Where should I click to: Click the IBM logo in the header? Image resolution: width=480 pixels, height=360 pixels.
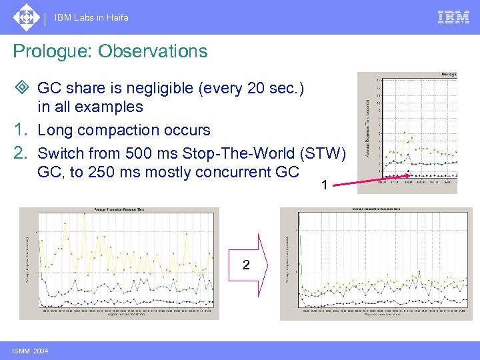(x=453, y=17)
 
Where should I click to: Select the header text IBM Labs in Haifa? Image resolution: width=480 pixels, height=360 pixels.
(x=92, y=18)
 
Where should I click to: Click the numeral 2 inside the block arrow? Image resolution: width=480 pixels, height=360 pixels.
(x=246, y=265)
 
